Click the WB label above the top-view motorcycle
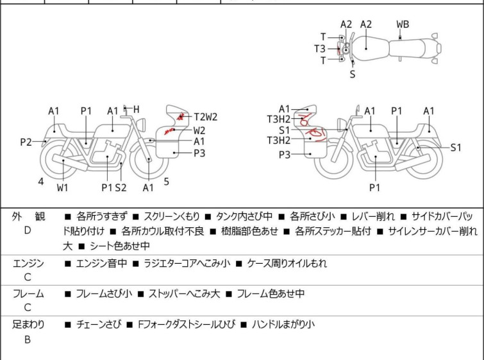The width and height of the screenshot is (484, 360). coord(403,24)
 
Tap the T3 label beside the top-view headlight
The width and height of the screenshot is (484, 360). coord(319,48)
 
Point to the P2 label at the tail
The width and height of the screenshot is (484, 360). coord(26,142)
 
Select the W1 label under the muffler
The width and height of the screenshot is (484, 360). coord(62,187)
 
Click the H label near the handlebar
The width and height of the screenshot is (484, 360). coord(136,109)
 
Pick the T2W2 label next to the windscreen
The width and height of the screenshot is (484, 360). coord(206,117)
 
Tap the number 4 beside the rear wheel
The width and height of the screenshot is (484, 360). coord(40,182)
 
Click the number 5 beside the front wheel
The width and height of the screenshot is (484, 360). coord(166,182)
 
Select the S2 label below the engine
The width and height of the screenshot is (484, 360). coord(121,187)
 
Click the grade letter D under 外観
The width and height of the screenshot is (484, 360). coord(28,230)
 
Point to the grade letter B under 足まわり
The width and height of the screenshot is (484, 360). coord(28,340)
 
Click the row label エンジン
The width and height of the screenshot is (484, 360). coord(28,263)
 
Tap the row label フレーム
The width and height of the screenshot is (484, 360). coord(28,294)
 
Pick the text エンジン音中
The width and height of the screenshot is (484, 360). coord(101,263)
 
